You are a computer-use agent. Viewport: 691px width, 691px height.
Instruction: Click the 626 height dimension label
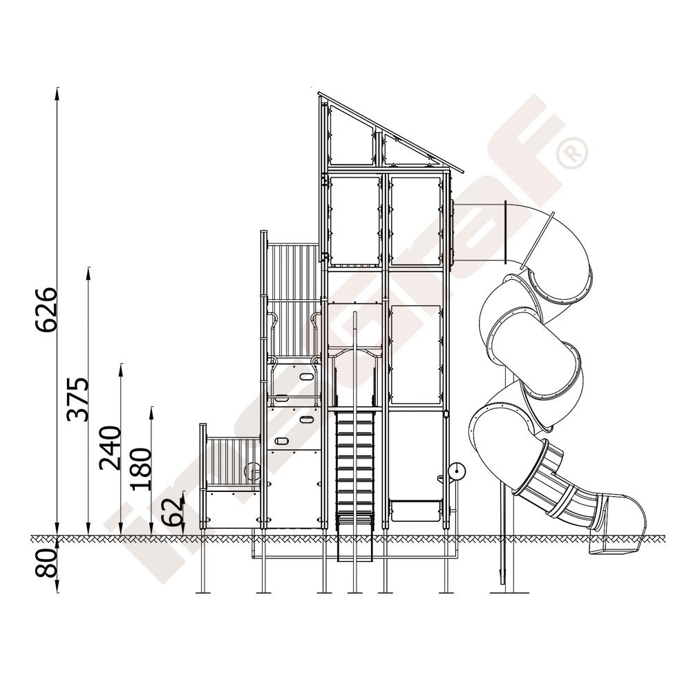pos(47,310)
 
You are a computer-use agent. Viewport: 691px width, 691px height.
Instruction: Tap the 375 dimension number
pos(77,399)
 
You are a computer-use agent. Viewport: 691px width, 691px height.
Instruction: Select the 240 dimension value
pos(110,448)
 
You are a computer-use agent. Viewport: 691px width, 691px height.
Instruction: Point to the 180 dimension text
pos(140,469)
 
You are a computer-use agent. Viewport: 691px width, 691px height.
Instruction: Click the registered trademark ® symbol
pos(572,153)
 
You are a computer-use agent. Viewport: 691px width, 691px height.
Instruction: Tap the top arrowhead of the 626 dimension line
pos(57,93)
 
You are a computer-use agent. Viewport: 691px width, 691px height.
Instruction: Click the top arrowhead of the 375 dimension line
pos(88,273)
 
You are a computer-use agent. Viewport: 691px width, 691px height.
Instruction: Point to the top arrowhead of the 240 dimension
pos(121,370)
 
